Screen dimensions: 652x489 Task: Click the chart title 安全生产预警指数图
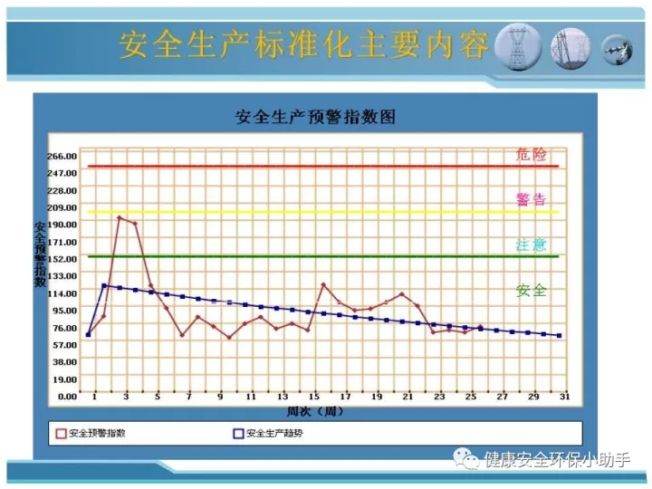[315, 117]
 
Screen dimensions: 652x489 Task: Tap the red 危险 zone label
[531, 154]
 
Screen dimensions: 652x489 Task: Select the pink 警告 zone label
[531, 199]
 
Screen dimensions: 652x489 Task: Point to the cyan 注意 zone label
[531, 244]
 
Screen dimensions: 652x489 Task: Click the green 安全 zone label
[531, 291]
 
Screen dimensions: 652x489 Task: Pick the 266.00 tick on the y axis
[62, 157]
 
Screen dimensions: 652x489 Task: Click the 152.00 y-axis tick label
[62, 259]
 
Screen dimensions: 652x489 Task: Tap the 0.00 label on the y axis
[67, 397]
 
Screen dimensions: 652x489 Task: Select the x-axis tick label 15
[314, 397]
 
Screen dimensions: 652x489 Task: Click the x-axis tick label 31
[564, 397]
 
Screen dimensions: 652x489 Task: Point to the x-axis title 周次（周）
[315, 412]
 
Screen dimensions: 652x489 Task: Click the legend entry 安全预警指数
[91, 433]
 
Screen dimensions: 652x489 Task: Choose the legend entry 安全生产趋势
[268, 433]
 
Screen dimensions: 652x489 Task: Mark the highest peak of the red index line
[120, 217]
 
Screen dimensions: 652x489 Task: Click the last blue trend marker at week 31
[560, 336]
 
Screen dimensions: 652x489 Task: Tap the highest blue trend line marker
[104, 285]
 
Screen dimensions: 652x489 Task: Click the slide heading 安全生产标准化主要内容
[303, 44]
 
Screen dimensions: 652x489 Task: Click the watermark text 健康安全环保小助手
[557, 459]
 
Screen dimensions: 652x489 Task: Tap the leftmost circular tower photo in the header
[518, 47]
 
